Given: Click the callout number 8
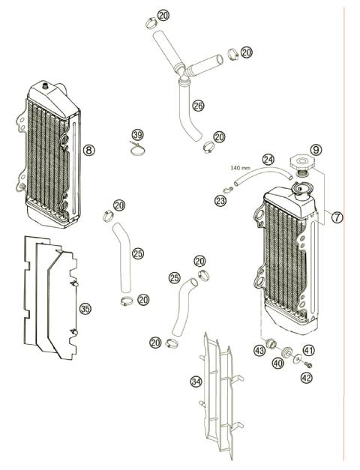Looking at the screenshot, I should [x=88, y=150].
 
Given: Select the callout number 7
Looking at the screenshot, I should [x=337, y=217].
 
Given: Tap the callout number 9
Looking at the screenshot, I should [x=316, y=150].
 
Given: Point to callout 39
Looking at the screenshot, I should [x=136, y=135].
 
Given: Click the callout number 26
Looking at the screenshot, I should [x=198, y=106].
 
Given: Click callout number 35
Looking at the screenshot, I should [x=85, y=309].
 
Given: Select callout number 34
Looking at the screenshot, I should [x=196, y=382].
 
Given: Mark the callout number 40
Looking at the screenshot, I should [x=277, y=364].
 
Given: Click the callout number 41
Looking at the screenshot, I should [x=309, y=350].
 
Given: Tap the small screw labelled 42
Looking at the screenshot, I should [x=307, y=365].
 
